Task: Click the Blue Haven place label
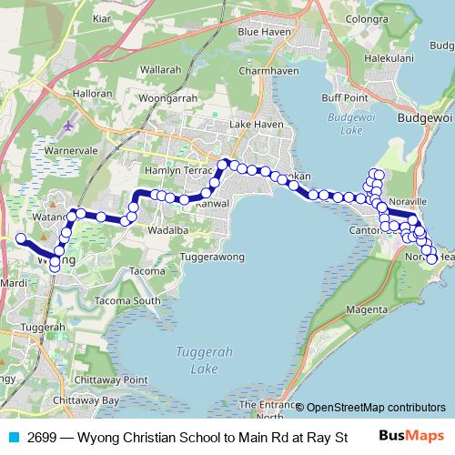(262, 31)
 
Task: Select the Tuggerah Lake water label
(192, 361)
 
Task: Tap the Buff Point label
(344, 97)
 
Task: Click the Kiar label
(101, 17)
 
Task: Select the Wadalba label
(165, 230)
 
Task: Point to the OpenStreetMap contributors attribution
(376, 407)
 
